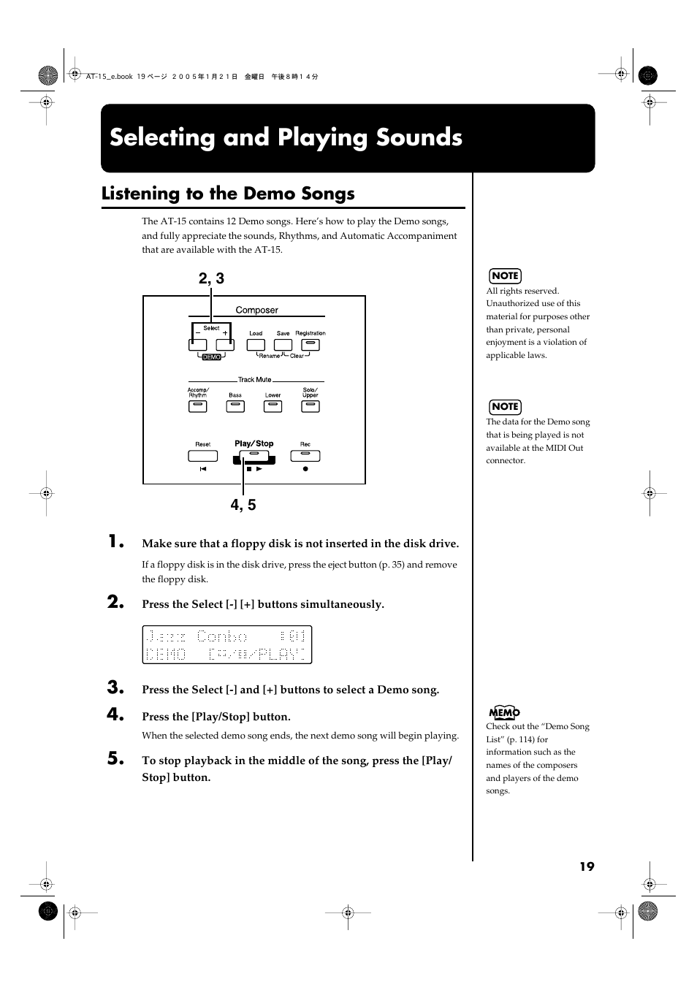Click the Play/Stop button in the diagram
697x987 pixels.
pos(254,456)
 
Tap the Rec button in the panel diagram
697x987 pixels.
pos(305,456)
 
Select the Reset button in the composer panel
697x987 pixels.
pos(202,456)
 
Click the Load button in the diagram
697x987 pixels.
pos(256,345)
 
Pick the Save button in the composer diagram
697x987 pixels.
pos(283,345)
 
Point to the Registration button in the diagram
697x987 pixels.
pos(311,345)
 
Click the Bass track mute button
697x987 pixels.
pos(235,407)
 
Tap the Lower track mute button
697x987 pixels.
pos(273,407)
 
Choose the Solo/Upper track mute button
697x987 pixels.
pos(311,407)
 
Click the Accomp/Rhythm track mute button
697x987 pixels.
pos(198,407)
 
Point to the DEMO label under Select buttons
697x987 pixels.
pos(211,357)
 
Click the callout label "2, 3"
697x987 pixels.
pos(211,278)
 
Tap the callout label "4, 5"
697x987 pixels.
pos(243,505)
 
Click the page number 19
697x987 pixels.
pos(587,866)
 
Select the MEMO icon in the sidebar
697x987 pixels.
pos(504,712)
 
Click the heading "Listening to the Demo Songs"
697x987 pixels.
pos(228,194)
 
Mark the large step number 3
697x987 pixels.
pos(115,687)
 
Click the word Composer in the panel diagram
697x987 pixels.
pos(256,310)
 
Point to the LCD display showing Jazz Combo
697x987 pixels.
pos(226,644)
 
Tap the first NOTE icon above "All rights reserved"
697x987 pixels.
pos(505,275)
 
